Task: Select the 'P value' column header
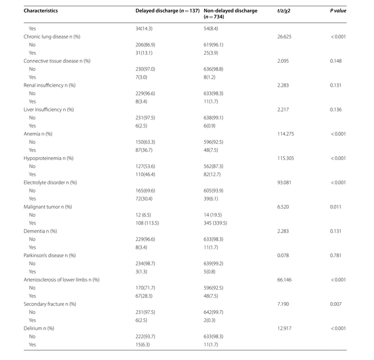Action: click(x=338, y=10)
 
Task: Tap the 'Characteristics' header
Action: click(x=41, y=10)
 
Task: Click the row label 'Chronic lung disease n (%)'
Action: click(x=51, y=36)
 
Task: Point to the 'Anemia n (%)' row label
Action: click(x=38, y=133)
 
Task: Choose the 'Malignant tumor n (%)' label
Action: click(x=47, y=207)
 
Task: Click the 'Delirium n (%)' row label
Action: click(x=39, y=328)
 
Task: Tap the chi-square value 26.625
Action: click(x=285, y=36)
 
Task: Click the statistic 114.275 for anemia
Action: click(x=286, y=133)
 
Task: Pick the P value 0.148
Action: click(x=337, y=61)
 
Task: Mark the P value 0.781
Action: click(x=337, y=255)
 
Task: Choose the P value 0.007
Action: click(x=337, y=304)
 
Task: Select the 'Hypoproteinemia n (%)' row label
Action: click(x=49, y=158)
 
